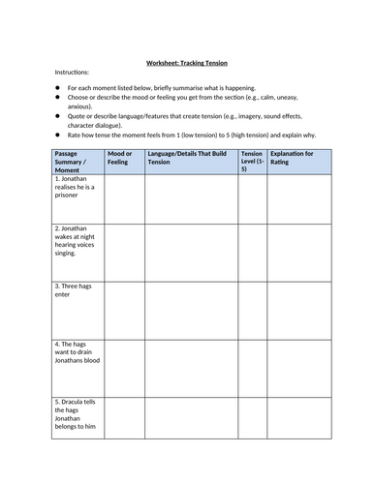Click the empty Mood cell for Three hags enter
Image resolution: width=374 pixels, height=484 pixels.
124,310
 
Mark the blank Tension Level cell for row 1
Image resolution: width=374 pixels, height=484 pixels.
251,199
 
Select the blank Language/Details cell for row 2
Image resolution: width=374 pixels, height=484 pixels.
191,252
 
